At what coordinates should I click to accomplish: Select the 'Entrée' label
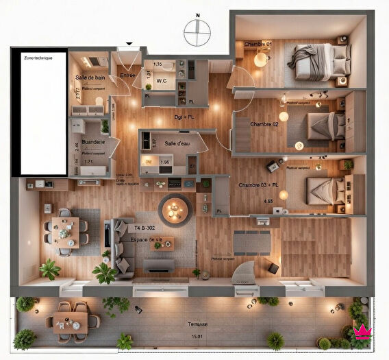pos(127,75)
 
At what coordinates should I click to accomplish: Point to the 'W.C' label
pos(162,81)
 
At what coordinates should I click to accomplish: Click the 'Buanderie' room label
pos(92,141)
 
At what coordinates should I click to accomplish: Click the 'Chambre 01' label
pos(258,45)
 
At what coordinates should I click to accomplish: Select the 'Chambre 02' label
pos(264,124)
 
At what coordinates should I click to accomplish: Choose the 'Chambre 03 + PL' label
pos(258,185)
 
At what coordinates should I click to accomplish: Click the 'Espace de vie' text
pos(149,239)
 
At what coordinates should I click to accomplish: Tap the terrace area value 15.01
pos(197,335)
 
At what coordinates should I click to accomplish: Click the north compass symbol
pos(197,29)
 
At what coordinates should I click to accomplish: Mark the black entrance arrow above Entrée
pos(127,47)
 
